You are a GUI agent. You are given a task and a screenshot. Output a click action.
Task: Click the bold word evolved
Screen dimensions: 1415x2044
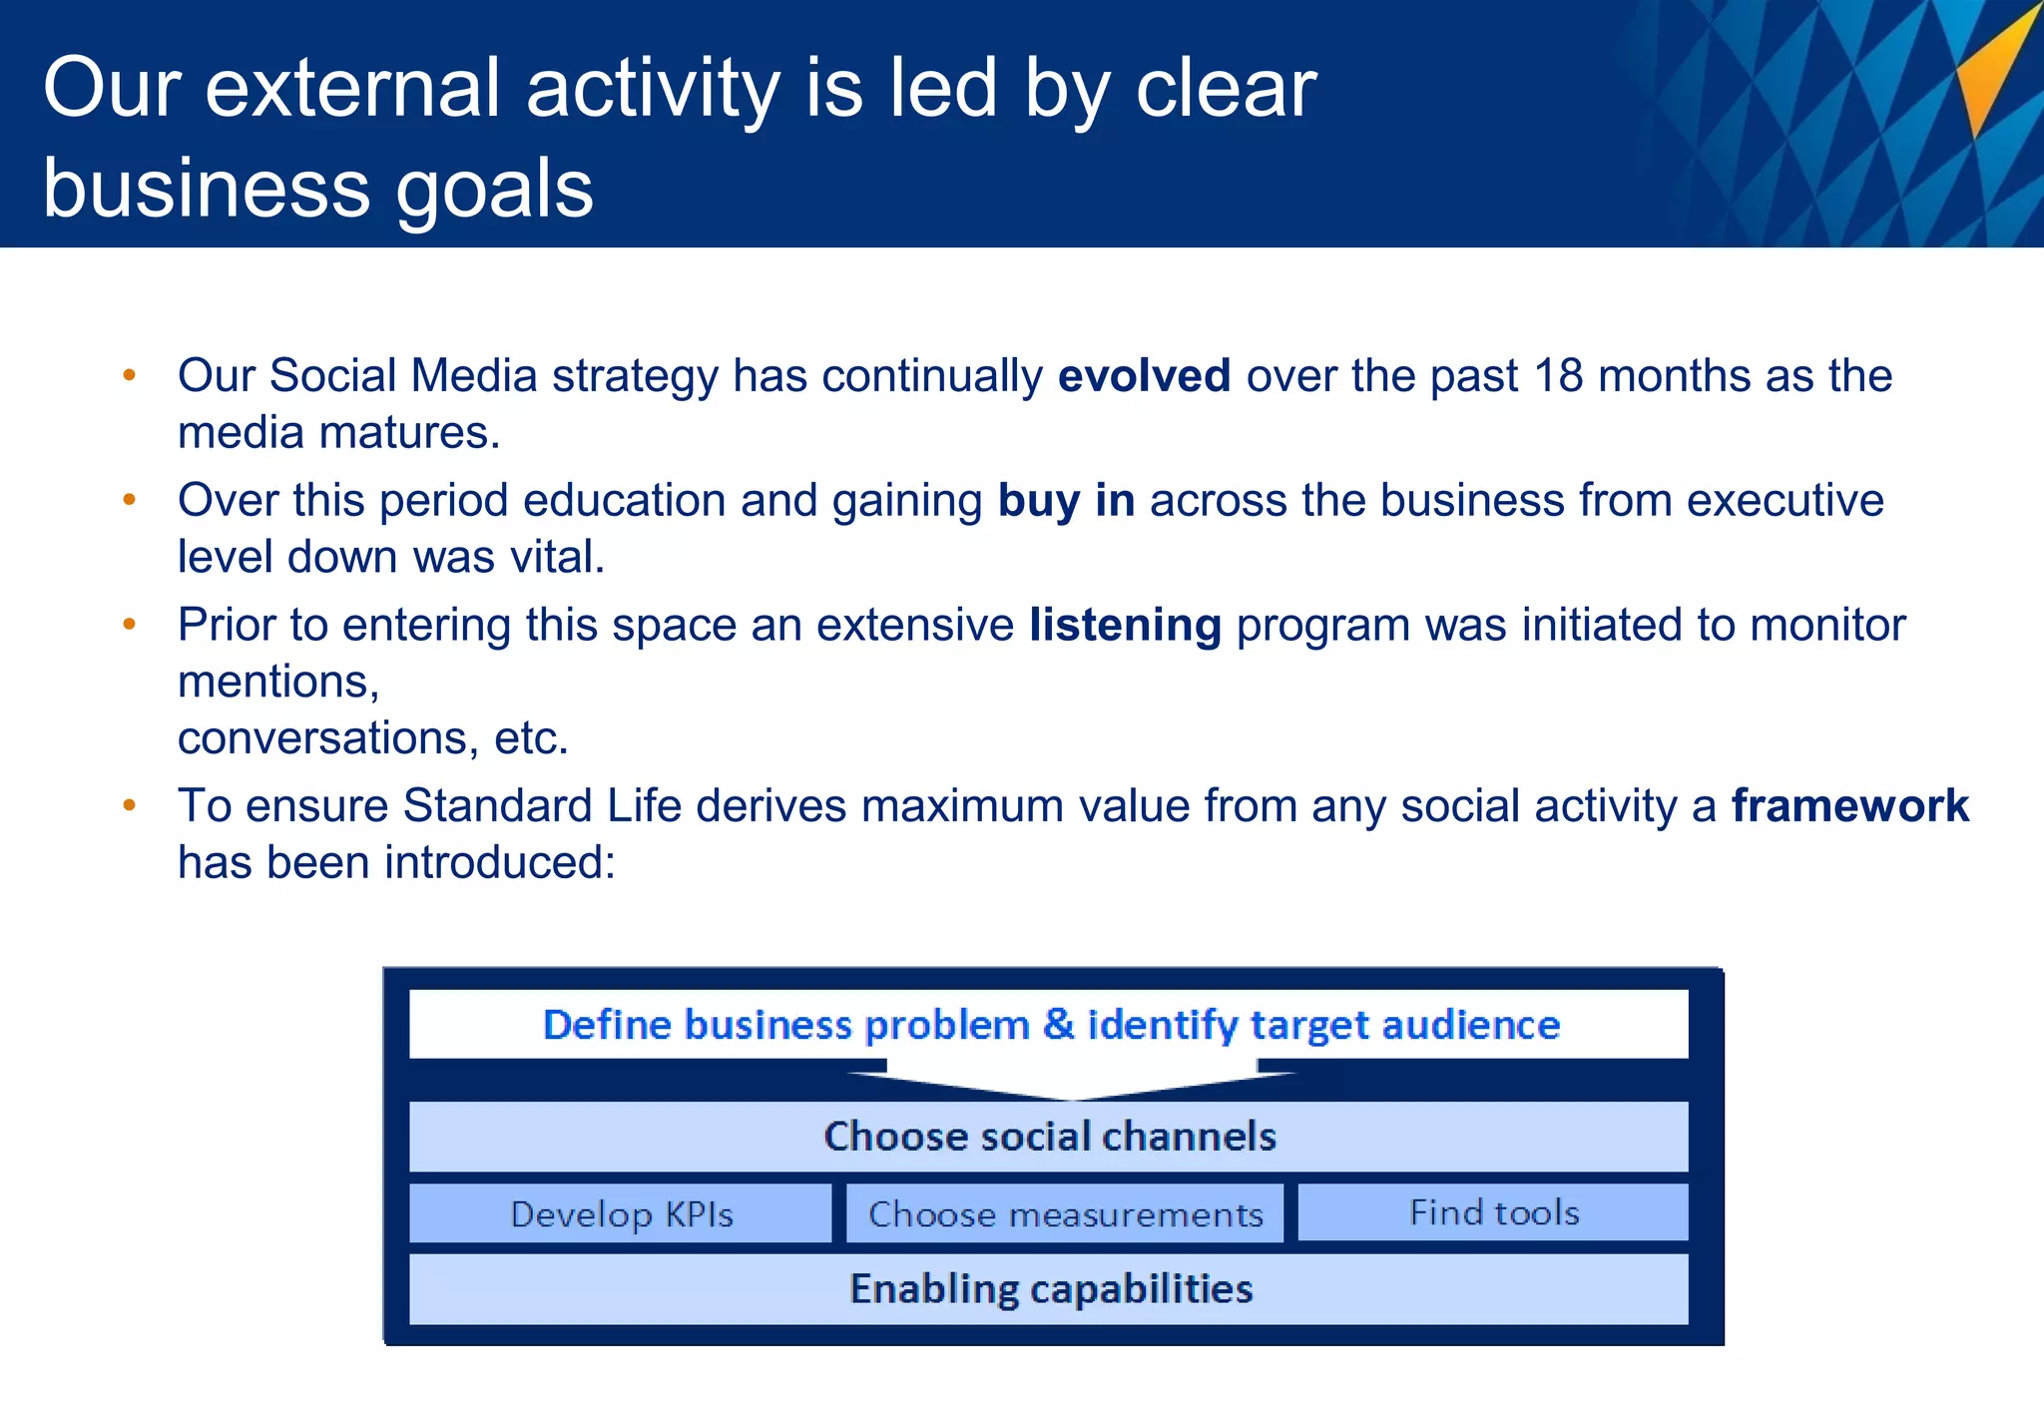coord(1143,376)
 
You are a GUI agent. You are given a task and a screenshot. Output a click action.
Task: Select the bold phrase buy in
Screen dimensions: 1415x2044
coord(1066,500)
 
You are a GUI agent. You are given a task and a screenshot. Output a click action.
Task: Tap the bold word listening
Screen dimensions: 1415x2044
coord(1125,626)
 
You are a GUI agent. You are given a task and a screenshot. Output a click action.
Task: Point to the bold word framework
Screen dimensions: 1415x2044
coord(1849,805)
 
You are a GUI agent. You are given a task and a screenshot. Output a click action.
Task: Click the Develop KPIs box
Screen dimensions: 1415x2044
coord(620,1213)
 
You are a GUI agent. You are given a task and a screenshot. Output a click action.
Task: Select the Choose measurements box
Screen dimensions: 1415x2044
coord(1065,1213)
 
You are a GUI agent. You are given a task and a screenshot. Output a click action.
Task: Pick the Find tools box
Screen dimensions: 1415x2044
coord(1493,1212)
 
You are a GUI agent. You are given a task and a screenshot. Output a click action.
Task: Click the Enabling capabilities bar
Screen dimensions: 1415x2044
coord(1048,1289)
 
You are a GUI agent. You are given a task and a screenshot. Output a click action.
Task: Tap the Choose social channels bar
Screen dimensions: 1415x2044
coord(1048,1137)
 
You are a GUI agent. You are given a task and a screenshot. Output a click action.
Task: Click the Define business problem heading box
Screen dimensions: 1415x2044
coord(1048,1025)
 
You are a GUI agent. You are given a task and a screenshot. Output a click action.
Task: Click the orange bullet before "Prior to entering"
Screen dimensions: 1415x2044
coord(129,625)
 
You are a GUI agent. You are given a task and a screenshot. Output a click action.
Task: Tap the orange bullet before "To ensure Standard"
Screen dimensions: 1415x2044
coord(129,805)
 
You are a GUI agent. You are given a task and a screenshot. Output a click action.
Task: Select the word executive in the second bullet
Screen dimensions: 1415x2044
coord(1785,500)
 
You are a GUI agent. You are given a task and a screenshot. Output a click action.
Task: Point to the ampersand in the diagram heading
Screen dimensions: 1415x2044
coord(1058,1025)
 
